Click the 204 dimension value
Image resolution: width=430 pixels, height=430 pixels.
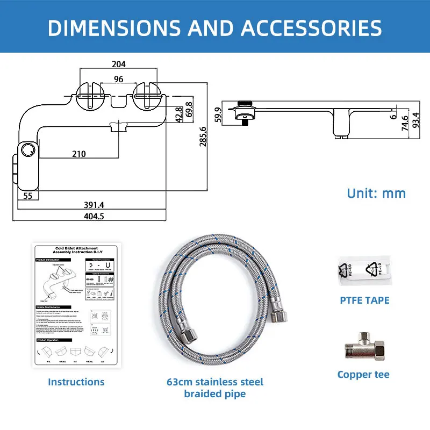[x=118, y=64]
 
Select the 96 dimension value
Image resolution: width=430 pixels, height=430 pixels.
[x=118, y=79]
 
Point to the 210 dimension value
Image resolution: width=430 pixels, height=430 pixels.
[x=79, y=154]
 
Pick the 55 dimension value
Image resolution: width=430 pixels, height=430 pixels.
[x=27, y=196]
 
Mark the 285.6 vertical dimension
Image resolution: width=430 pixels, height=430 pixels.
[x=203, y=140]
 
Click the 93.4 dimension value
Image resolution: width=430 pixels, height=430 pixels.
[x=415, y=120]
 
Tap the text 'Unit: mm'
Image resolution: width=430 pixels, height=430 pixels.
[x=376, y=193]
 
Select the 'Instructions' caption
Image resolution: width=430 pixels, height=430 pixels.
[x=76, y=382]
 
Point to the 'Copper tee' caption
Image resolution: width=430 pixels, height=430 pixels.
[x=363, y=375]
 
